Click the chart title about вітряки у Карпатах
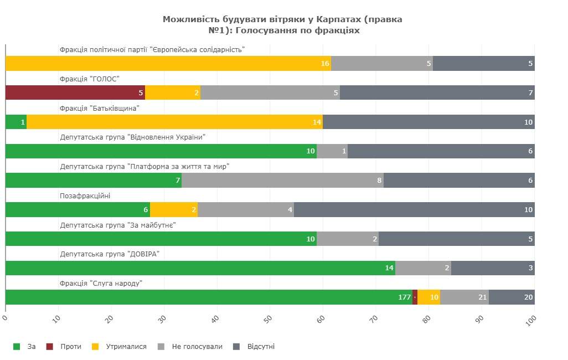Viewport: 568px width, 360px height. coord(282,25)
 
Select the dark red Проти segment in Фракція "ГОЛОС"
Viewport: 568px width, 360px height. coord(75,92)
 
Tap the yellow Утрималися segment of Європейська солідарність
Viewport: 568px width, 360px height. coord(168,63)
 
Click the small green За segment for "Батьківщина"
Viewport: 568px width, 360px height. coord(16,122)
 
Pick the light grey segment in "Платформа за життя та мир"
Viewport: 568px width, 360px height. coord(282,180)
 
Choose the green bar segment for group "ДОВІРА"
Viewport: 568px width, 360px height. coord(200,268)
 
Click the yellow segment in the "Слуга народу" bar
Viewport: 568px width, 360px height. coord(428,297)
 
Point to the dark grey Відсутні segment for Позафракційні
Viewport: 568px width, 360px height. coord(414,209)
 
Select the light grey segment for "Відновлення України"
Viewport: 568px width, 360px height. coord(332,151)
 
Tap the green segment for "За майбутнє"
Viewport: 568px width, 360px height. coord(161,239)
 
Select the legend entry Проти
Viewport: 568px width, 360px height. coord(65,347)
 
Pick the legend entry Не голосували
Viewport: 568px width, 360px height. coord(191,347)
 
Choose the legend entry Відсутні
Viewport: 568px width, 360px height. coord(255,347)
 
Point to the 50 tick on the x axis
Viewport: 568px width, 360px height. coord(268,318)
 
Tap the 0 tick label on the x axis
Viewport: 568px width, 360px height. coord(6,317)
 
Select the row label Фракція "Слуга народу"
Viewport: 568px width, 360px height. coord(101,283)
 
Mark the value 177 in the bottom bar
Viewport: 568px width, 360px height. coord(404,297)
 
